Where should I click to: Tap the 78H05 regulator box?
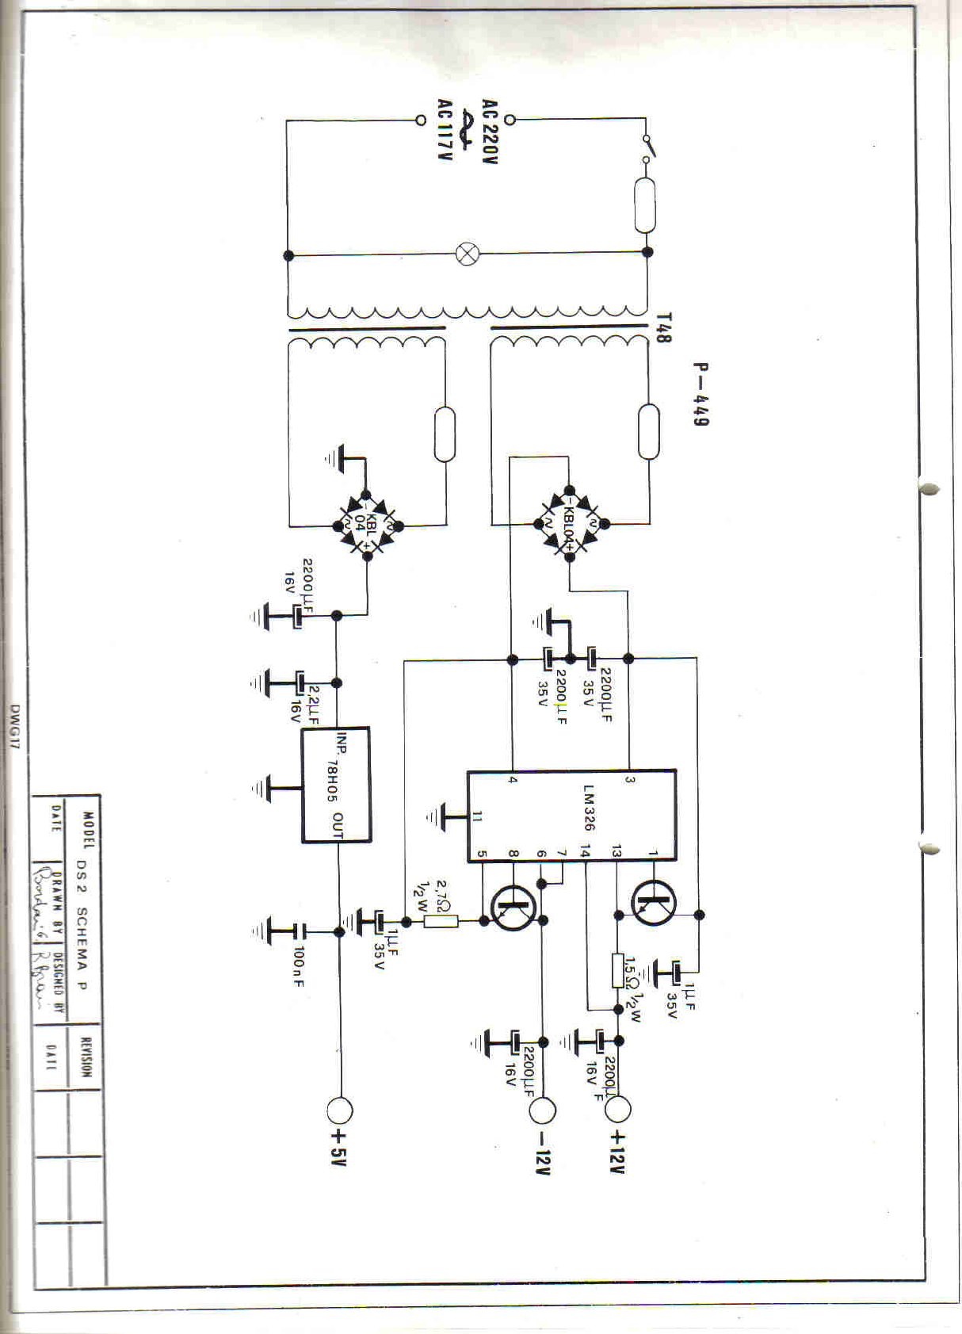(x=336, y=784)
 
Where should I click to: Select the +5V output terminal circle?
(x=340, y=1111)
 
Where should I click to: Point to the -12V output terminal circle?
(x=543, y=1110)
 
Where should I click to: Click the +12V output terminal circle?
(x=617, y=1109)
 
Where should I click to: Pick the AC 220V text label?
(x=490, y=132)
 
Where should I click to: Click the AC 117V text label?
(x=445, y=130)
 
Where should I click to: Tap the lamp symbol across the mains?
(x=468, y=254)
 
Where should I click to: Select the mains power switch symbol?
(x=647, y=148)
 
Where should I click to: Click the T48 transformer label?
(x=663, y=327)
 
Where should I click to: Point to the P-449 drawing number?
(x=701, y=394)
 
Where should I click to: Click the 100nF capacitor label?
(x=299, y=966)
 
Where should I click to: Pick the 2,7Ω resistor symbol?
(x=441, y=921)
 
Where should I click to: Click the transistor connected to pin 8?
(x=513, y=908)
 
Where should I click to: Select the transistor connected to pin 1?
(x=654, y=903)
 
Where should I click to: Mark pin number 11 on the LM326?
(x=477, y=816)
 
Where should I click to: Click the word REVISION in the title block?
(x=86, y=1057)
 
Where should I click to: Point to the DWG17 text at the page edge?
(x=14, y=727)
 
